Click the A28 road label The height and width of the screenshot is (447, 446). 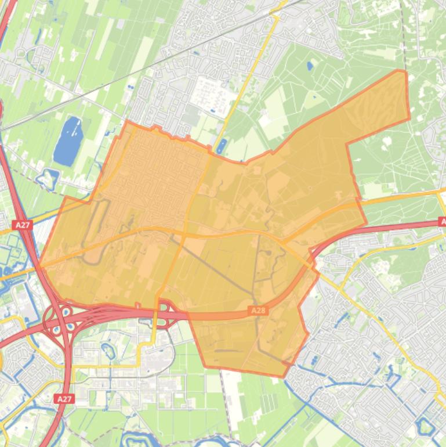[x=258, y=311]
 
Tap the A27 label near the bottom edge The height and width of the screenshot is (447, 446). [x=64, y=399]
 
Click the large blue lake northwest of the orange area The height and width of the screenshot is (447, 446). [x=68, y=140]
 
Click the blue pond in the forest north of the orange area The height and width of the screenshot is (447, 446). [x=309, y=66]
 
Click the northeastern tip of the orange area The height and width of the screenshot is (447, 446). [x=400, y=71]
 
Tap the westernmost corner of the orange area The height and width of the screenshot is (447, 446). [x=39, y=264]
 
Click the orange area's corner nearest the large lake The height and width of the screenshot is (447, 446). [x=126, y=121]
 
